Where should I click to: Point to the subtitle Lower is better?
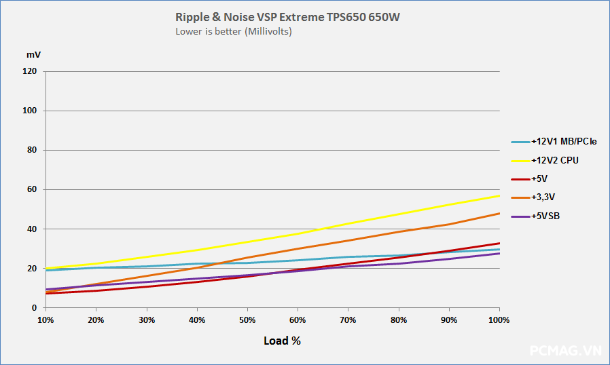234,31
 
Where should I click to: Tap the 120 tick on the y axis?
30,71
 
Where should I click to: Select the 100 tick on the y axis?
30,111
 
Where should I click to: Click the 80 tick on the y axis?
32,150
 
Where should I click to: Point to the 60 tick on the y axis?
32,189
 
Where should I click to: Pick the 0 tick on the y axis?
34,308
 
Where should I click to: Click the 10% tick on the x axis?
46,320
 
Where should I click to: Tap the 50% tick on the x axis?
247,320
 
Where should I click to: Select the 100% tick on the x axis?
499,320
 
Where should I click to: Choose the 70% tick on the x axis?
348,320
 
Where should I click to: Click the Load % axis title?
282,341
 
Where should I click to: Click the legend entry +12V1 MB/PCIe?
564,142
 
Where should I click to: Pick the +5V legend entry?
541,179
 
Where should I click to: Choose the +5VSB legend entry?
546,216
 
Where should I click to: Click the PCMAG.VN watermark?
565,351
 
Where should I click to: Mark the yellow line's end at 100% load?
499,195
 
